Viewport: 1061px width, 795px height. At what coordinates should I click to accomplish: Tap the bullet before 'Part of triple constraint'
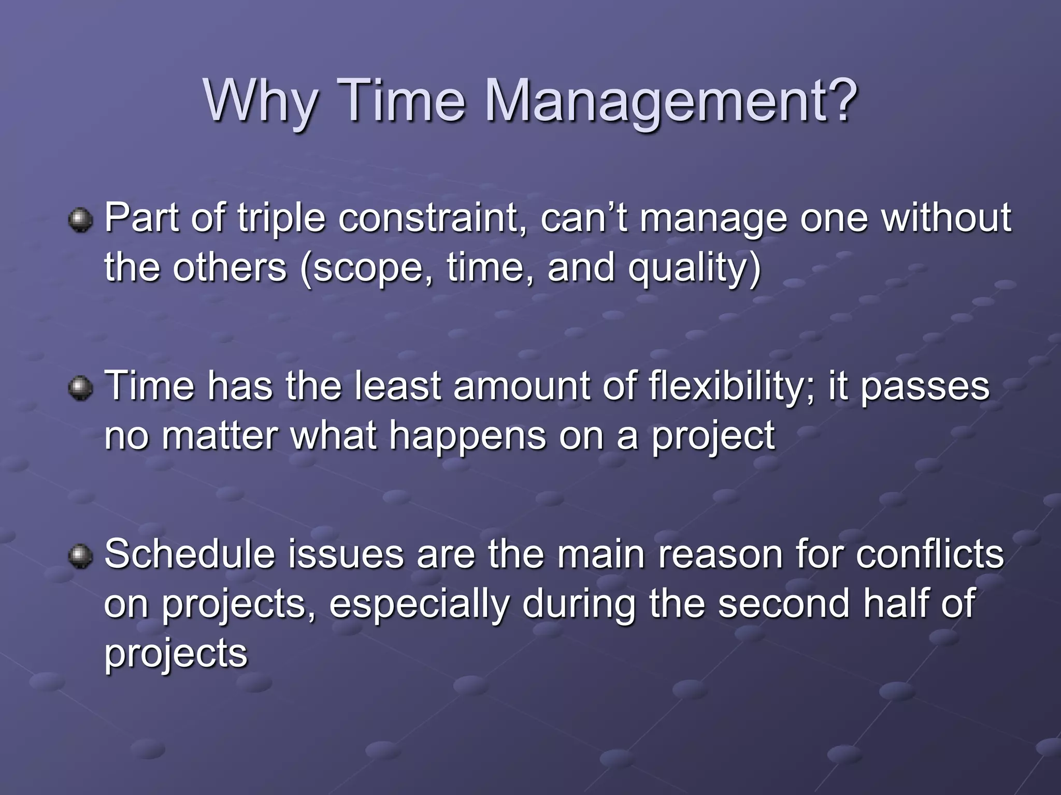coord(80,219)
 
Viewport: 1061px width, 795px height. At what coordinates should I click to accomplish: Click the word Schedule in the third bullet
coord(189,554)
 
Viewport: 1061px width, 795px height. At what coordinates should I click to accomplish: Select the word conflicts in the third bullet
coord(929,554)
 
